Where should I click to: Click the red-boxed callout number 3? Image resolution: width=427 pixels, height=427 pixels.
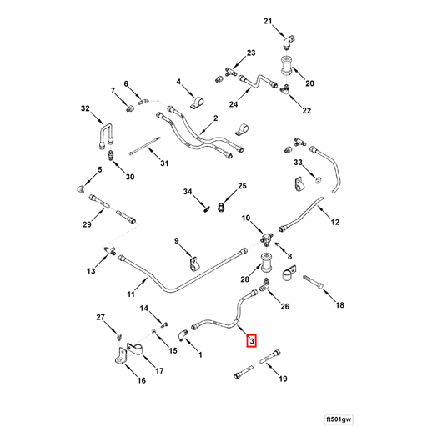tap(251, 341)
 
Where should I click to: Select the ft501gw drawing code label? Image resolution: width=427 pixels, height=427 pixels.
tap(339, 419)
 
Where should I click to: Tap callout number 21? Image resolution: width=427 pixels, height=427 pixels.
tap(268, 21)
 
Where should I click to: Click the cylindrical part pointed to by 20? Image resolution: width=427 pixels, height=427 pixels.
tap(287, 65)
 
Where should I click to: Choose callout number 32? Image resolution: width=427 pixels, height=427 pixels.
tap(85, 108)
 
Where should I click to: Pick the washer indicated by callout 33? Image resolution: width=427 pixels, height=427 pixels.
tap(317, 180)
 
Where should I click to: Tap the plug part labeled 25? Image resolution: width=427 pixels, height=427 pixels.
tap(221, 207)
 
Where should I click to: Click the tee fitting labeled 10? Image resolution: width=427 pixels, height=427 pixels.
tap(267, 239)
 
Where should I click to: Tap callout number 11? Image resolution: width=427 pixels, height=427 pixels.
tap(131, 294)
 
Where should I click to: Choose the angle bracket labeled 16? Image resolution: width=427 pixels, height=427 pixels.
tap(121, 356)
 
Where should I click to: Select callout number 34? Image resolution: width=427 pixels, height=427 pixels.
tap(188, 192)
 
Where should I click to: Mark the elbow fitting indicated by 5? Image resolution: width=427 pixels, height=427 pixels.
tap(82, 188)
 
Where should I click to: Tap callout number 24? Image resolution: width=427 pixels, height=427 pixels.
tap(234, 104)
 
